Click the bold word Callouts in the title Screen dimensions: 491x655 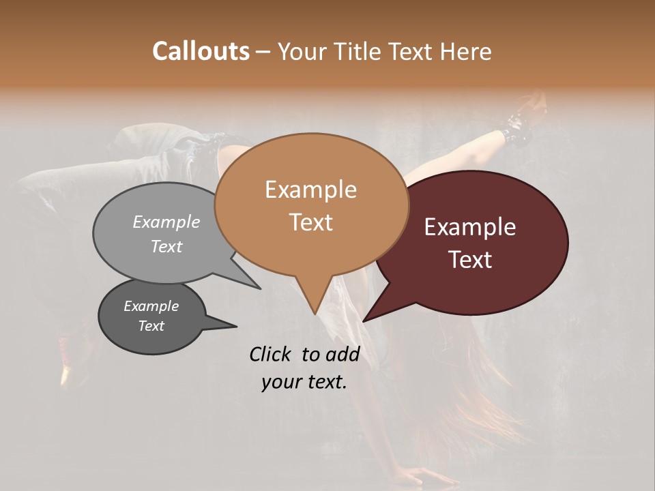click(x=201, y=51)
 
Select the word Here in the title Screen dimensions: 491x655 click(x=466, y=51)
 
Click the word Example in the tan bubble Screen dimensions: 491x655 click(x=310, y=190)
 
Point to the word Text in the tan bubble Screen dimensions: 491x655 click(x=310, y=222)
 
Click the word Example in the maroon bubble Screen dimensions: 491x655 click(x=470, y=227)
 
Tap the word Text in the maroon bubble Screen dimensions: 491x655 click(x=470, y=260)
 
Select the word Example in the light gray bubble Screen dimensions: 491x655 click(x=166, y=222)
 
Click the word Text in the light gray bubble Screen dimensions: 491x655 click(x=166, y=246)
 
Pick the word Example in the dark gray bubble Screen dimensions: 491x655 click(x=151, y=306)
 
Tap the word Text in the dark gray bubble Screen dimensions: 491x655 click(x=151, y=326)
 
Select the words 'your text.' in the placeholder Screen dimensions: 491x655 click(x=304, y=382)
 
